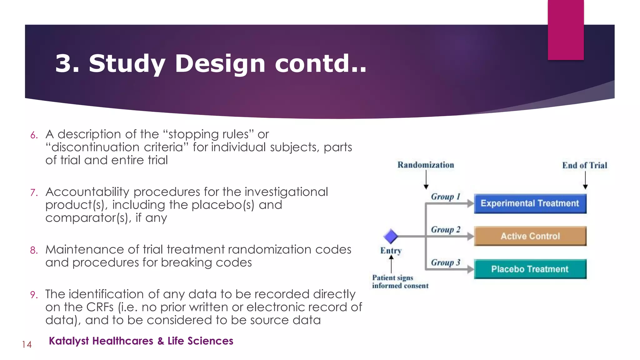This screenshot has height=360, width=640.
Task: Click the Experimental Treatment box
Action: (530, 203)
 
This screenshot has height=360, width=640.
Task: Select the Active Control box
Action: (530, 236)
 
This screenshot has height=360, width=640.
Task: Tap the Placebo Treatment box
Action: (530, 269)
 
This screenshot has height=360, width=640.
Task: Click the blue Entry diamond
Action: (391, 236)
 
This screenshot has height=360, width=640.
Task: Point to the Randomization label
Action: (426, 165)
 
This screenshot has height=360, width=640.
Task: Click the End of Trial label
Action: (585, 165)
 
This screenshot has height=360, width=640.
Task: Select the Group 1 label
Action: (446, 197)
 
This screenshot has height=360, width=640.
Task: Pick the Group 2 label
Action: (446, 230)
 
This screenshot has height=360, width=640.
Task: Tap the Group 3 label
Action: (446, 262)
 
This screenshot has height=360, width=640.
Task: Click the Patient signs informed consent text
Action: (400, 282)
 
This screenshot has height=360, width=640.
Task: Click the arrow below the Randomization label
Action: (426, 180)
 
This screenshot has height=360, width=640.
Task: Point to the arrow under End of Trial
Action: (585, 180)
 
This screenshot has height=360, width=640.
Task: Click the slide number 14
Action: (27, 345)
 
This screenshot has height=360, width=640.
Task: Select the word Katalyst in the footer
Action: (69, 341)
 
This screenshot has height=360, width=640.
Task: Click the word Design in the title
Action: (220, 63)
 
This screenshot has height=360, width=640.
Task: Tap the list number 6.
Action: (34, 135)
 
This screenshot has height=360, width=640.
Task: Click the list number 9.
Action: (34, 295)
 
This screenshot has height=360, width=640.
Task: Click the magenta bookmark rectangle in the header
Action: (566, 30)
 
